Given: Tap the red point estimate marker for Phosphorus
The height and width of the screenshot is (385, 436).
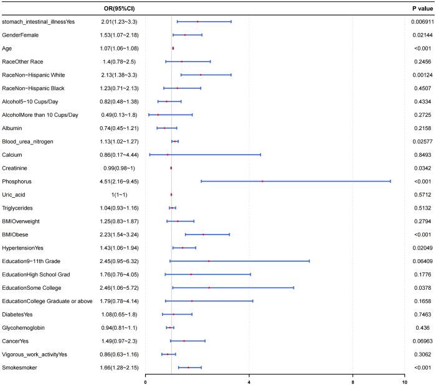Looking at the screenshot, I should pyautogui.click(x=262, y=182).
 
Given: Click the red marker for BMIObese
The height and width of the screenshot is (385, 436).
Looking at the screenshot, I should pyautogui.click(x=203, y=234).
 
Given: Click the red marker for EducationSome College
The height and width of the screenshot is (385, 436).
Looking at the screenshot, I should pyautogui.click(x=209, y=288).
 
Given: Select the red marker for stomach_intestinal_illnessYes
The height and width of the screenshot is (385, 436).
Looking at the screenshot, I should pyautogui.click(x=197, y=21).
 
